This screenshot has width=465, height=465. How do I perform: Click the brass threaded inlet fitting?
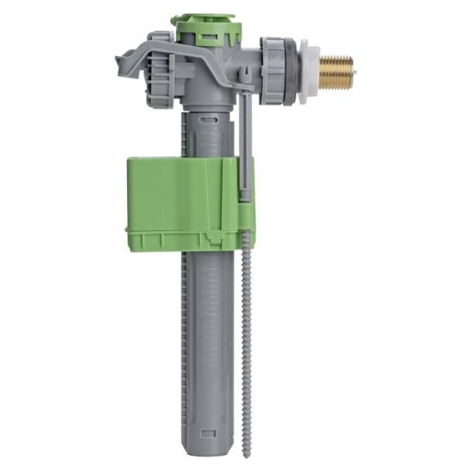[x=335, y=72]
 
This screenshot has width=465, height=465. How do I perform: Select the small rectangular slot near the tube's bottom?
[x=206, y=433]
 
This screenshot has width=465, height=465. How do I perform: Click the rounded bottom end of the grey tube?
[x=206, y=448]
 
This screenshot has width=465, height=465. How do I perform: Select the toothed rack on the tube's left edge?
[x=184, y=325]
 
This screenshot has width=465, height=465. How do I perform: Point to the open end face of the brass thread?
[x=350, y=72]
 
